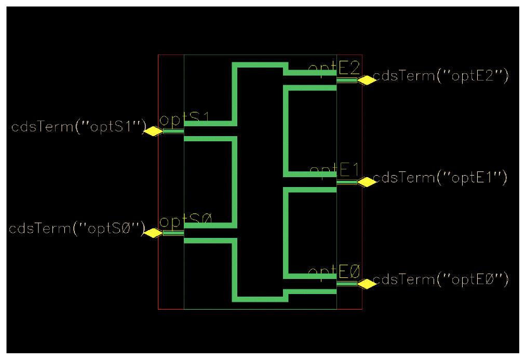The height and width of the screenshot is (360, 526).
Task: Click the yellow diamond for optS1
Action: pyautogui.click(x=153, y=131)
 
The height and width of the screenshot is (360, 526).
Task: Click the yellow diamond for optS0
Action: pyautogui.click(x=153, y=233)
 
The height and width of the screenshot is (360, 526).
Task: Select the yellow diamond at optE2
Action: pyautogui.click(x=367, y=80)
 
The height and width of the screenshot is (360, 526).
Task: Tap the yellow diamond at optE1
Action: pyautogui.click(x=367, y=182)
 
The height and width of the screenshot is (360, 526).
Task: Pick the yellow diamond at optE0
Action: pyautogui.click(x=367, y=284)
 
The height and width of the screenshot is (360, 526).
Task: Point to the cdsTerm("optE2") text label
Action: pyautogui.click(x=440, y=76)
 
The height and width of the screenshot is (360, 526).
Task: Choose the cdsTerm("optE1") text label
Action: pyautogui.click(x=440, y=178)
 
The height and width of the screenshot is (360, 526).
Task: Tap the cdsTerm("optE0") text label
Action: pyautogui.click(x=440, y=279)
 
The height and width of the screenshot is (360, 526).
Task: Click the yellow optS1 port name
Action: pyautogui.click(x=184, y=120)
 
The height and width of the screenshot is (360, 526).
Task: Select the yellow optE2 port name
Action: pyautogui.click(x=334, y=68)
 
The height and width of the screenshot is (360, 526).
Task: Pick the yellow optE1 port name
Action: pyautogui.click(x=335, y=170)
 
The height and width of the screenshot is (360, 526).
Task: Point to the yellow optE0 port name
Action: pyautogui.click(x=334, y=272)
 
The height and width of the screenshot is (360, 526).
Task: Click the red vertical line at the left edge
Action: pyautogui.click(x=158, y=182)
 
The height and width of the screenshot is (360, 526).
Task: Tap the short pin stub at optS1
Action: pyautogui.click(x=173, y=131)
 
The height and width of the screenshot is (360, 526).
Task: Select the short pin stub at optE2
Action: pyautogui.click(x=347, y=80)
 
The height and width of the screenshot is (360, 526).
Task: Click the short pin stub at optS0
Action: pyautogui.click(x=173, y=233)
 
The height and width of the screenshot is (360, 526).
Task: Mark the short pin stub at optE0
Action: pyautogui.click(x=347, y=284)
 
